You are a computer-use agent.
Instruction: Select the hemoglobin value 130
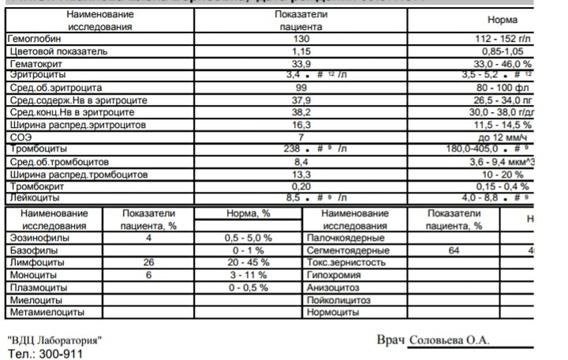[301, 39]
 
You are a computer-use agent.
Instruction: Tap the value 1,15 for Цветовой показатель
[301, 51]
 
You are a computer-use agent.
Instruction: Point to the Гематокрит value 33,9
[301, 64]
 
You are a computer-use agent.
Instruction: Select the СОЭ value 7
[301, 137]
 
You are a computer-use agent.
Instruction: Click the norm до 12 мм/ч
[506, 137]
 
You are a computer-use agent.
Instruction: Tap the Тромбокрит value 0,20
[301, 186]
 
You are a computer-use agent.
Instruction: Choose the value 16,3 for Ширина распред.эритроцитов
[301, 125]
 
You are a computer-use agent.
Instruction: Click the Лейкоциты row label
[29, 198]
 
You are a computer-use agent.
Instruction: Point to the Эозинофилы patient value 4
[148, 238]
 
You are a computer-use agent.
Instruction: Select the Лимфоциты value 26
[148, 262]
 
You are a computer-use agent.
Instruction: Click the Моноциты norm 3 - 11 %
[248, 275]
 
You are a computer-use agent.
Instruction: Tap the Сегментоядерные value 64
[453, 250]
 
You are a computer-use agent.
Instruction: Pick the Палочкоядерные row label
[345, 238]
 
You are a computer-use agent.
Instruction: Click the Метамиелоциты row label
[39, 312]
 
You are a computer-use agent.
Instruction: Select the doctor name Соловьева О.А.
[449, 339]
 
